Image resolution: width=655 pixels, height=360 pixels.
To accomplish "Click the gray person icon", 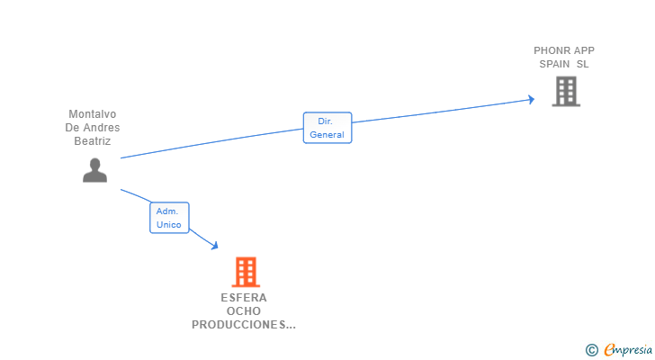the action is pyautogui.click(x=94, y=170).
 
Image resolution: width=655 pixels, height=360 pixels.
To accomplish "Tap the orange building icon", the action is pyautogui.click(x=245, y=272).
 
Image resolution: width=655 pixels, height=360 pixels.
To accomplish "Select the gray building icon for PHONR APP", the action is pyautogui.click(x=566, y=91).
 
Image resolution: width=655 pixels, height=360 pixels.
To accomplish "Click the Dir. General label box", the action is pyautogui.click(x=327, y=128).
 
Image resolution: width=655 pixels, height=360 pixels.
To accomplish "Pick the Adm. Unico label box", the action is pyautogui.click(x=169, y=218).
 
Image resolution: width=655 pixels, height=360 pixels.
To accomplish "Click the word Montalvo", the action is pyautogui.click(x=93, y=114).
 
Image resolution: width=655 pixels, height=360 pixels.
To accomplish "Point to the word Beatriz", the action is pyautogui.click(x=93, y=141).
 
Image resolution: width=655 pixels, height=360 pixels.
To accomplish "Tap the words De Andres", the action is pyautogui.click(x=93, y=128).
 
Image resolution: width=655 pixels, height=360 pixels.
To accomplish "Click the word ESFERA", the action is pyautogui.click(x=244, y=298).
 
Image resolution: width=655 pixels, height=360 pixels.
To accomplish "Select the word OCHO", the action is pyautogui.click(x=244, y=311).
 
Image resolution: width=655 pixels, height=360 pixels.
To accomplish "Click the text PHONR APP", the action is pyautogui.click(x=564, y=50).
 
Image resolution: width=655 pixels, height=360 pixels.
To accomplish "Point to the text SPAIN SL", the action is pyautogui.click(x=564, y=64).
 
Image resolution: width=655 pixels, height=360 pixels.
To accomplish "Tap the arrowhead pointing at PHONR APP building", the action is pyautogui.click(x=531, y=99).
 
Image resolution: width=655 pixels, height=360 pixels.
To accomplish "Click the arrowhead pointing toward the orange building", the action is pyautogui.click(x=214, y=244).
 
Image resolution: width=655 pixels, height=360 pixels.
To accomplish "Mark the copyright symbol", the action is pyautogui.click(x=591, y=350).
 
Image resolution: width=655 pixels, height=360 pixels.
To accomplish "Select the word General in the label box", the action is pyautogui.click(x=327, y=135).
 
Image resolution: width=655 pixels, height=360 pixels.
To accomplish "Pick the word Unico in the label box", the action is pyautogui.click(x=169, y=225).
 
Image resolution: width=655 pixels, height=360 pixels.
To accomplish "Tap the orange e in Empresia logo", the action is pyautogui.click(x=609, y=350).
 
